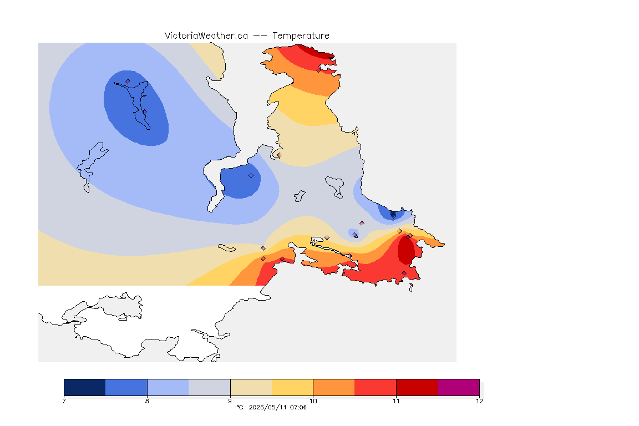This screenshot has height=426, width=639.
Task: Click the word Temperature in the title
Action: pyautogui.click(x=301, y=36)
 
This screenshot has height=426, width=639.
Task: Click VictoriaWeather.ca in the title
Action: pyautogui.click(x=206, y=36)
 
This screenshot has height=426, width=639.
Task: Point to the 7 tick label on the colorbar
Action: pyautogui.click(x=64, y=401)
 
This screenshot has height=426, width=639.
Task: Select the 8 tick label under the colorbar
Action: pyautogui.click(x=147, y=401)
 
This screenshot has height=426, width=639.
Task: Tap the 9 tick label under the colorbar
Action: pyautogui.click(x=230, y=401)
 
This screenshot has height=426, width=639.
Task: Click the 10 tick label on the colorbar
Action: pyautogui.click(x=313, y=401)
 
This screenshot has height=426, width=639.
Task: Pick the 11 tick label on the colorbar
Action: pyautogui.click(x=396, y=401)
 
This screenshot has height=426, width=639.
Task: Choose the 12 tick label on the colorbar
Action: pyautogui.click(x=479, y=401)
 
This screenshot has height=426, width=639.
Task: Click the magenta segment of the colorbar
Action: pyautogui.click(x=459, y=387)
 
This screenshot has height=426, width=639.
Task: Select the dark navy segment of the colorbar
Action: pyautogui.click(x=85, y=387)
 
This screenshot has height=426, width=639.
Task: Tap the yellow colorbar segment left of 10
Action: pyautogui.click(x=292, y=387)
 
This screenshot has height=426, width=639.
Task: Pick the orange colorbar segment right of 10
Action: pyautogui.click(x=334, y=387)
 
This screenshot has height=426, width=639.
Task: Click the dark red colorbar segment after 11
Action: pyautogui.click(x=417, y=387)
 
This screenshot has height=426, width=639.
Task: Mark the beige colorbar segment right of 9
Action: pyautogui.click(x=251, y=387)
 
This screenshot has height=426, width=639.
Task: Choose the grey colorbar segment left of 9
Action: pyautogui.click(x=210, y=387)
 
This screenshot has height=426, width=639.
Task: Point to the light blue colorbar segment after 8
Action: pyautogui.click(x=168, y=387)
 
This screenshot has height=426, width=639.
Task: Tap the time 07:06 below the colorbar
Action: pyautogui.click(x=298, y=407)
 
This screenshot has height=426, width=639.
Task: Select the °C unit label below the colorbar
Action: pyautogui.click(x=240, y=407)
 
